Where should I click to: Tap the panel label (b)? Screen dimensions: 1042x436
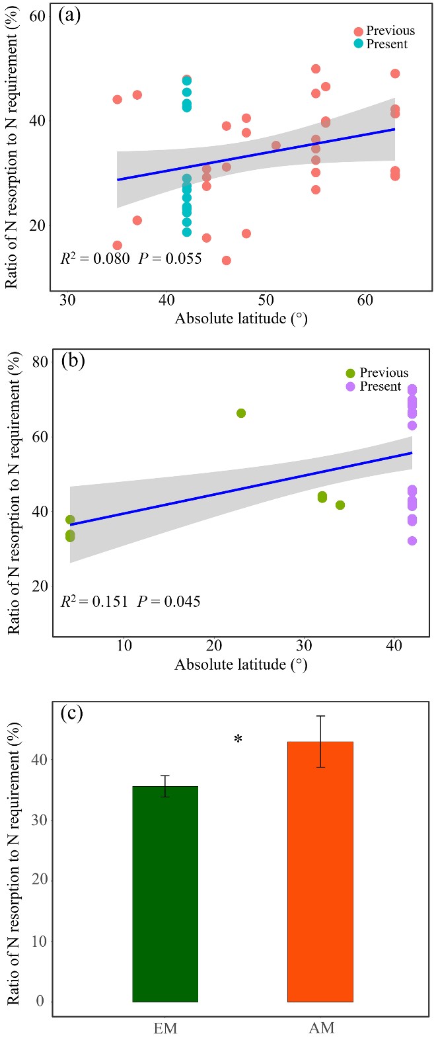pos(73,362)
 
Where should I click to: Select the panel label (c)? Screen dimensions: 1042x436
pos(71,715)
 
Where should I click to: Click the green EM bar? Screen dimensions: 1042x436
pos(165,893)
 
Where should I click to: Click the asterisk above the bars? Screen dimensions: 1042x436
pos(238,740)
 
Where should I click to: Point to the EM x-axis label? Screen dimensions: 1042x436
pos(164,1028)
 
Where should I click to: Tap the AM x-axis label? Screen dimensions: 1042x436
pos(322,1028)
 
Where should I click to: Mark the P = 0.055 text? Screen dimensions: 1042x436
pos(170,259)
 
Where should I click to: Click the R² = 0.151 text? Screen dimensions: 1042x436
pos(94,602)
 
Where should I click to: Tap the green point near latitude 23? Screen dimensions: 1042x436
pos(241,413)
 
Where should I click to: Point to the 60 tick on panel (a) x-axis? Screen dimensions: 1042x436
pos(365,301)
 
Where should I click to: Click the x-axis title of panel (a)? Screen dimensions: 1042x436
pos(241,319)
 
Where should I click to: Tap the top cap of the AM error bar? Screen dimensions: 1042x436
pos(320,716)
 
